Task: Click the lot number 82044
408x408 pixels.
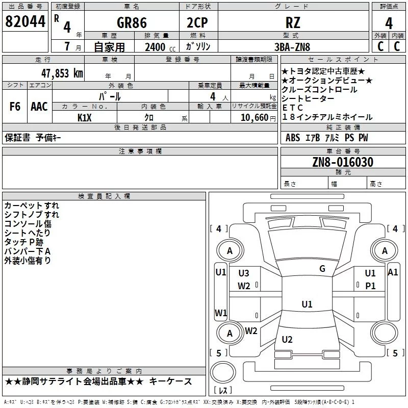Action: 25,21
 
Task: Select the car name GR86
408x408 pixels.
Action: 132,22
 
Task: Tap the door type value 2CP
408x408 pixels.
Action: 197,22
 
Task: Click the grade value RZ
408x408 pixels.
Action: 293,22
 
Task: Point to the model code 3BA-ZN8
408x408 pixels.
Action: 292,47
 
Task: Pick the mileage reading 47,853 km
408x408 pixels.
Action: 62,73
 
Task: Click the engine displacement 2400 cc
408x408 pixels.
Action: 160,47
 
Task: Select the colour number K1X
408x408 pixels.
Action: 85,118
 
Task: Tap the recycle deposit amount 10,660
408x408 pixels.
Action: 254,118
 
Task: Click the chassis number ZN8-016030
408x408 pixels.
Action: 343,162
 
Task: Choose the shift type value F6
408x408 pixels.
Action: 15,107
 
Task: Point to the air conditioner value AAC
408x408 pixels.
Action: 39,107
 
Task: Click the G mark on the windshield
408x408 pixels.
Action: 322,269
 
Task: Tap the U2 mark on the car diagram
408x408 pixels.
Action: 287,340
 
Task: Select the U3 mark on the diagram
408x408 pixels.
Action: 244,273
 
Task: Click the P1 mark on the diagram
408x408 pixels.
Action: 370,286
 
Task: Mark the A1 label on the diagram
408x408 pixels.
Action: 393,272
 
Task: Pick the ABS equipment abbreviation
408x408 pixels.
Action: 293,138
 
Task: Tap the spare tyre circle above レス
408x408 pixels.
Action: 223,372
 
